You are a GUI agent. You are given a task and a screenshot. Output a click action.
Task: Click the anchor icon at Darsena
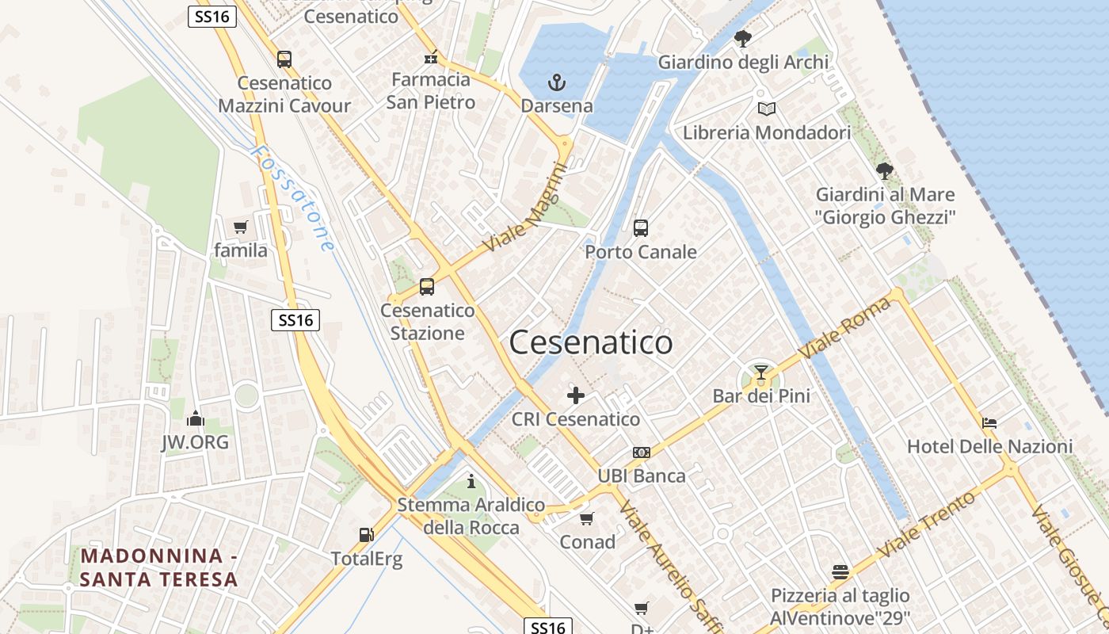(557, 82)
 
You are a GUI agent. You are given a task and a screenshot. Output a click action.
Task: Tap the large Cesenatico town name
(591, 342)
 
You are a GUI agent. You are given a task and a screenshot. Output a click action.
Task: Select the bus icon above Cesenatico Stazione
(427, 287)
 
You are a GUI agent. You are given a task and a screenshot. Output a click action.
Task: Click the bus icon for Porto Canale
(641, 228)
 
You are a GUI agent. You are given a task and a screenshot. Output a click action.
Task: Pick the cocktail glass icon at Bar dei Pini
(761, 372)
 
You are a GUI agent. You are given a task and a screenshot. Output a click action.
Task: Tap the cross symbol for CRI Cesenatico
(576, 395)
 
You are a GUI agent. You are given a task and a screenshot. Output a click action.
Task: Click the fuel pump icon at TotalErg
(366, 535)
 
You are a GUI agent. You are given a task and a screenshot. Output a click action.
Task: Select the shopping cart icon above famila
(241, 227)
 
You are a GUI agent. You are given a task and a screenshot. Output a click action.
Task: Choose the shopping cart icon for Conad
(587, 518)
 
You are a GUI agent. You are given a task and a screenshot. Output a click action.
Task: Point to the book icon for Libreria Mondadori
(766, 109)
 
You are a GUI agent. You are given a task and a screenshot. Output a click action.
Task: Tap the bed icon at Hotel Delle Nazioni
(989, 422)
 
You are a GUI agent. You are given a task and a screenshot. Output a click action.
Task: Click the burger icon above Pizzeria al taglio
(840, 571)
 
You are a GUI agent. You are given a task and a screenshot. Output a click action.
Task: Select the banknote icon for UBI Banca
(642, 453)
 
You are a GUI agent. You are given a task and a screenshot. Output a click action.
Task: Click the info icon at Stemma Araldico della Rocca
(471, 481)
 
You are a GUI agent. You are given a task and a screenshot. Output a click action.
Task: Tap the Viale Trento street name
(926, 523)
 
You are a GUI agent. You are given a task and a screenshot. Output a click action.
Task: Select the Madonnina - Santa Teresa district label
(159, 567)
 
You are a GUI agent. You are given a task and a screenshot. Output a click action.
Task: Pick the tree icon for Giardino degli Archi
(743, 38)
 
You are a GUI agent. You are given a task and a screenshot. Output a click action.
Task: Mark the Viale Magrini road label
(527, 208)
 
